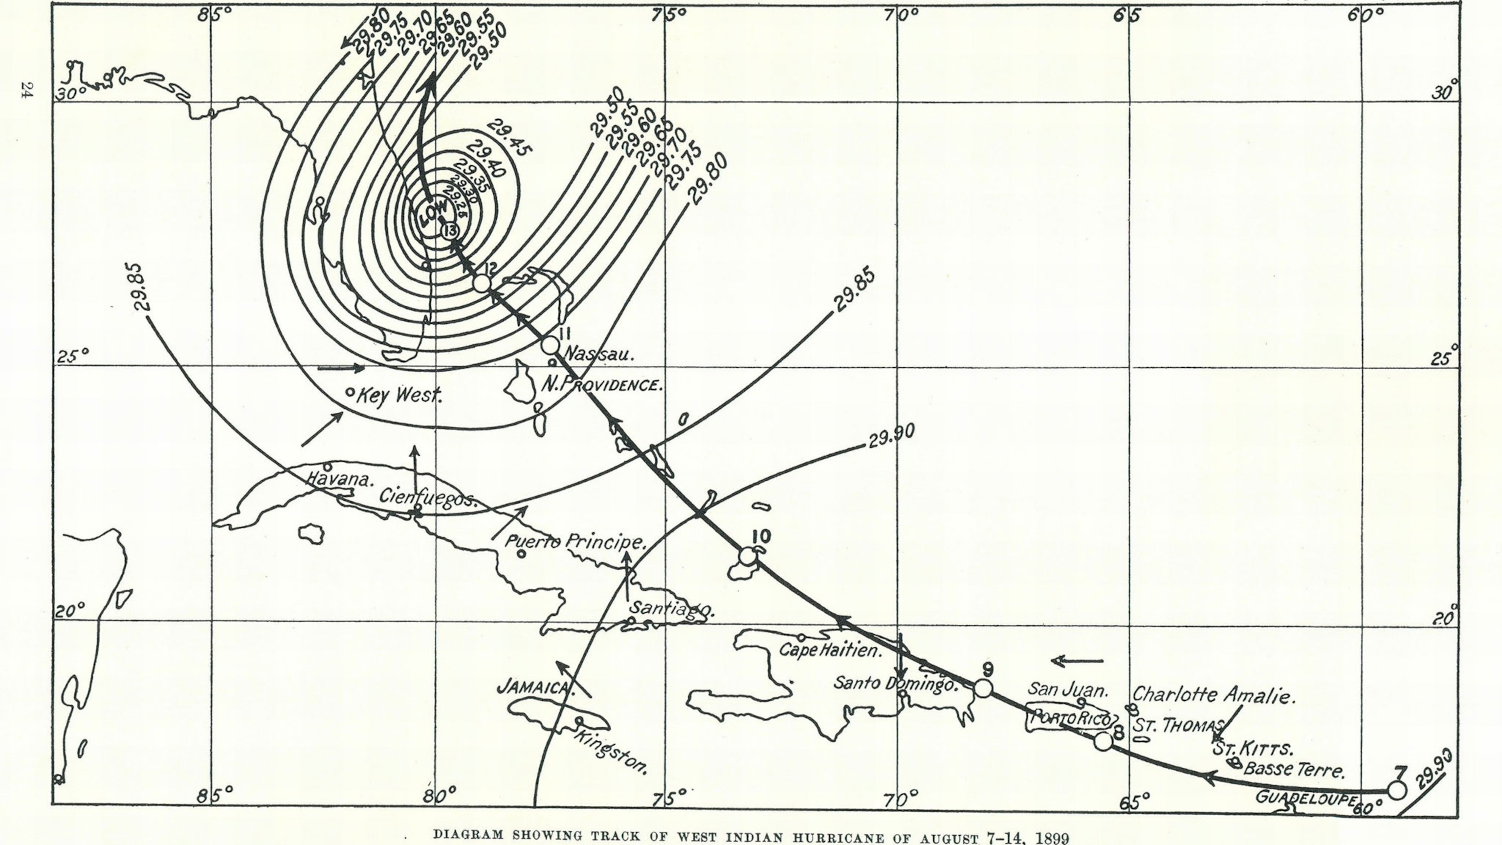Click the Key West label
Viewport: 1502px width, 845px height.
[x=399, y=396]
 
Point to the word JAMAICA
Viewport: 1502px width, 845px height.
[x=535, y=688]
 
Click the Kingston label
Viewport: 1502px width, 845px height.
[x=611, y=752]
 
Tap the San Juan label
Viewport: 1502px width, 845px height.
[x=1067, y=690]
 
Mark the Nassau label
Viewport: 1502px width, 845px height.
[x=599, y=354]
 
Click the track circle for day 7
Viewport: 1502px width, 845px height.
[x=1397, y=790]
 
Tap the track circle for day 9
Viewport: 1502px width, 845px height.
[x=984, y=688]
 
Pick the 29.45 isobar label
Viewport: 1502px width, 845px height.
[x=509, y=137]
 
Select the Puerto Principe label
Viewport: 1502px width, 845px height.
[x=575, y=542]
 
